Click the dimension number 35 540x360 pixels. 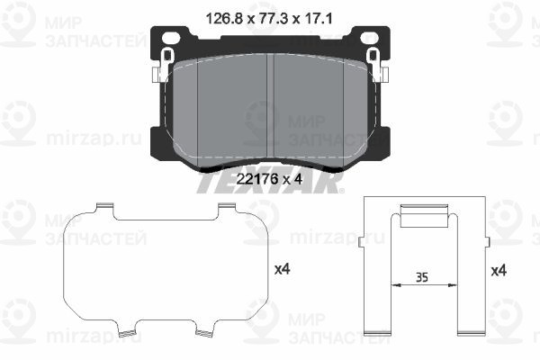420,276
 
